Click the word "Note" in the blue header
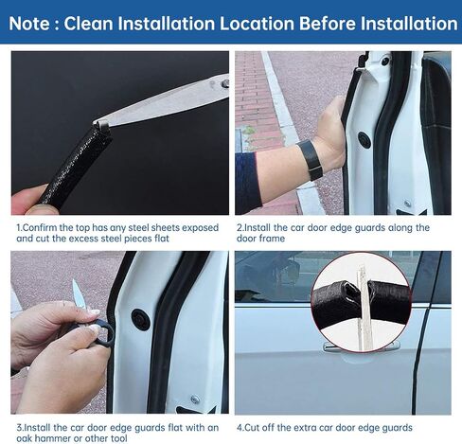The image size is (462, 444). click(x=29, y=24)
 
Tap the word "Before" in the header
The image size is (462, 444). click(x=327, y=24)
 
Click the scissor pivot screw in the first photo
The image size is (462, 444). click(x=225, y=84)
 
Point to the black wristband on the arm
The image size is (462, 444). click(x=311, y=159)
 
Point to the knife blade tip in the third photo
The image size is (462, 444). click(x=75, y=280)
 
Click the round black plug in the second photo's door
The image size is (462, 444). click(x=364, y=139)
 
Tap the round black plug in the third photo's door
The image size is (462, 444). click(x=141, y=319)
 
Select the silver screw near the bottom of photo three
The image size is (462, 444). click(x=195, y=400)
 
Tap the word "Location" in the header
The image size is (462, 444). click(x=256, y=24)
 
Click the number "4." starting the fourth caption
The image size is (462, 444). click(x=240, y=428)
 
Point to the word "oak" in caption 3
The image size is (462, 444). click(x=25, y=438)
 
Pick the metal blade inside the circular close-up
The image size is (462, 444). click(x=364, y=310)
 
